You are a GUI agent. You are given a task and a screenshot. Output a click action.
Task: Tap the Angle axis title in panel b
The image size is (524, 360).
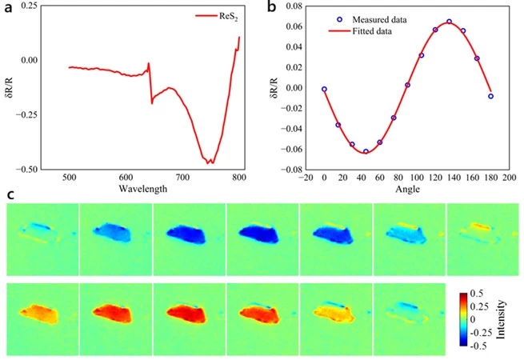[x=406, y=189]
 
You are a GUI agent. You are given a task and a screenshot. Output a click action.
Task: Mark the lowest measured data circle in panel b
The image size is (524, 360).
[x=366, y=151]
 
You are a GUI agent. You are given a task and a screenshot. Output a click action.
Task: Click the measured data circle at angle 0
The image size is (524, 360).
[x=324, y=90]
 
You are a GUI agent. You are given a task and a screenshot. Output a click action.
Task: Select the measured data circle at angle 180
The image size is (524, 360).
[x=490, y=96]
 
